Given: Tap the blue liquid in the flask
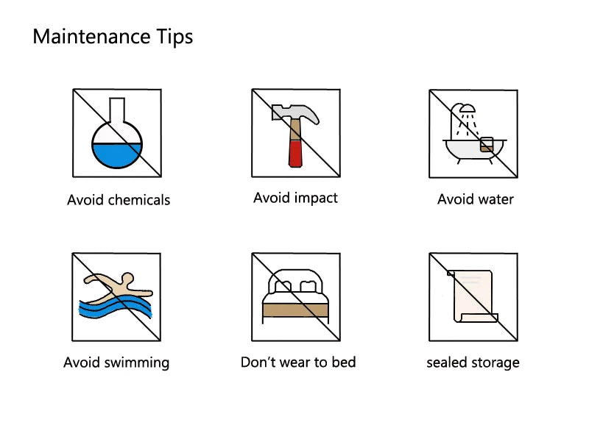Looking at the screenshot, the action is pyautogui.click(x=117, y=155).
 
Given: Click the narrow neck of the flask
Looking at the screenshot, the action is pyautogui.click(x=117, y=110).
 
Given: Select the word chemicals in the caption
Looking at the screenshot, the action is pyautogui.click(x=139, y=200).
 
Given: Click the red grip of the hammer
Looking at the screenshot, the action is pyautogui.click(x=295, y=154).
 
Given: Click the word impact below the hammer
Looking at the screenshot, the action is pyautogui.click(x=316, y=198).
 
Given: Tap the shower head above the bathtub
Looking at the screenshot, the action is pyautogui.click(x=468, y=109).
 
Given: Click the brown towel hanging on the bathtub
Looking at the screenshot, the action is pyautogui.click(x=487, y=144).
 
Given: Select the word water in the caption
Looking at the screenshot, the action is pyautogui.click(x=495, y=199).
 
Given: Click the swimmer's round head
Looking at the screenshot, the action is pyautogui.click(x=127, y=279).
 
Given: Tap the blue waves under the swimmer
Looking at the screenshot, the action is pyautogui.click(x=116, y=307).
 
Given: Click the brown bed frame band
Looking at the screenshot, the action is pyautogui.click(x=295, y=310).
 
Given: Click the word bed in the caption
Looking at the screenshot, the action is pyautogui.click(x=344, y=362).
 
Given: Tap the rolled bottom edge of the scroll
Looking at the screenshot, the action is pyautogui.click(x=477, y=318).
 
